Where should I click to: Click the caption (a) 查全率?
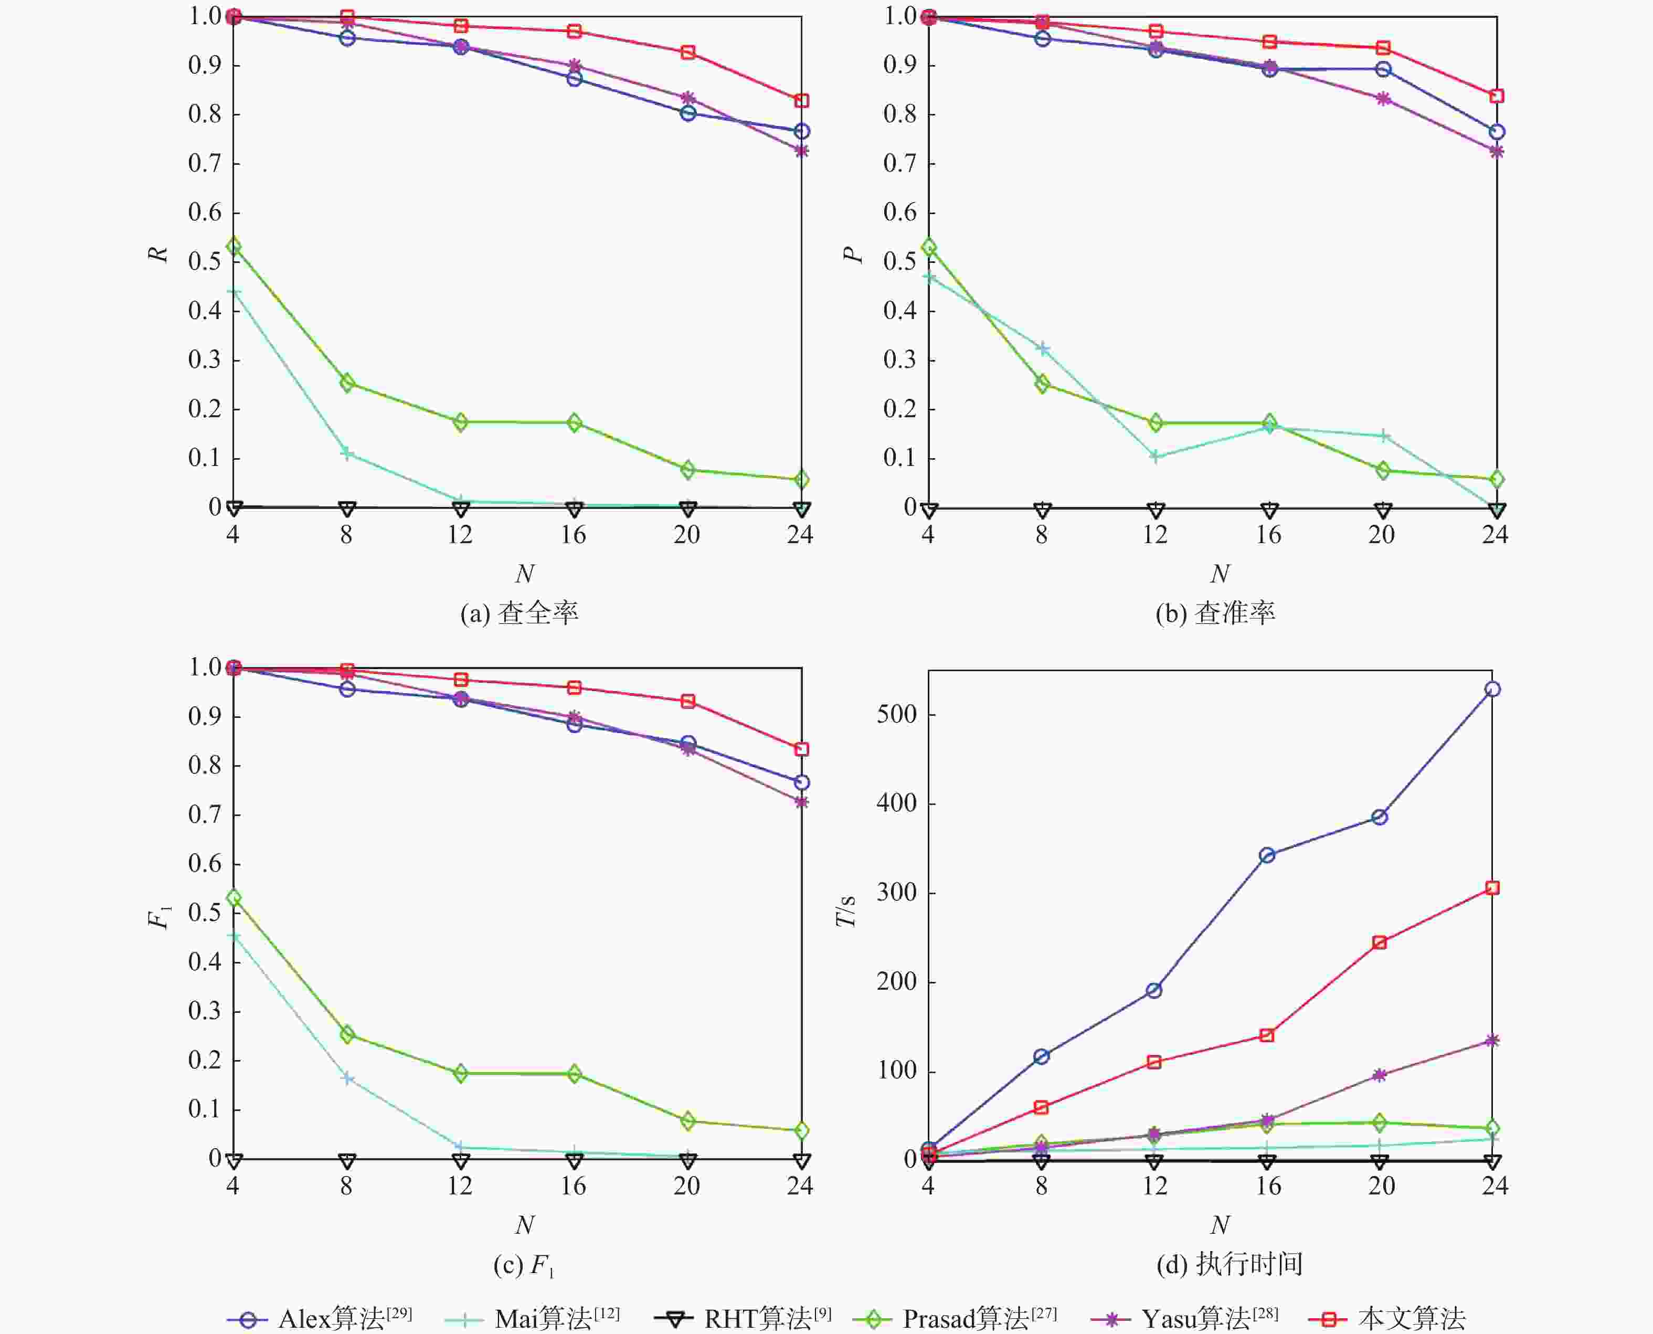tap(520, 613)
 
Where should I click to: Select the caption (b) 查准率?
tap(1215, 613)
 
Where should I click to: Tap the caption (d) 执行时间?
tap(1229, 1264)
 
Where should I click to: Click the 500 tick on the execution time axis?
tap(897, 715)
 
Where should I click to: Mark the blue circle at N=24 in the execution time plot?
tap(1491, 689)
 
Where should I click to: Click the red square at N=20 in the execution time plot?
tap(1380, 942)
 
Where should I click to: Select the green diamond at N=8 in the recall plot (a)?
tap(346, 383)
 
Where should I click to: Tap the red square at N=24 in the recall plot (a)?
tap(801, 101)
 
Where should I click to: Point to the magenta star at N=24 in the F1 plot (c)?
tap(801, 802)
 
